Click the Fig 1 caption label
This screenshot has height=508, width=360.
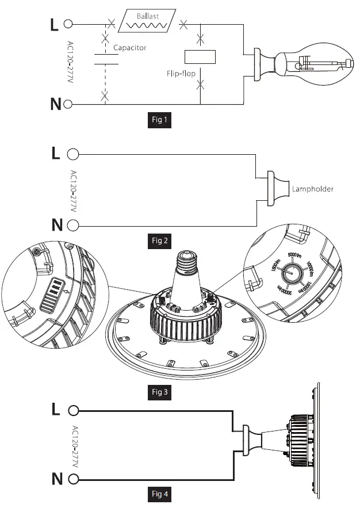pos(158,120)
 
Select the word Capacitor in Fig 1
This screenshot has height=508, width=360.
pos(129,48)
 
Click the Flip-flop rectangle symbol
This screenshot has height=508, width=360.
pos(200,56)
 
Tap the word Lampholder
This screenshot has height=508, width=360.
pos(313,189)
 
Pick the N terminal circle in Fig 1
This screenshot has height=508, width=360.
pos(68,104)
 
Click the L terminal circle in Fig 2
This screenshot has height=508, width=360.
pos(73,154)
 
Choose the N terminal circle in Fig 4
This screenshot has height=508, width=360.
pos(73,479)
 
